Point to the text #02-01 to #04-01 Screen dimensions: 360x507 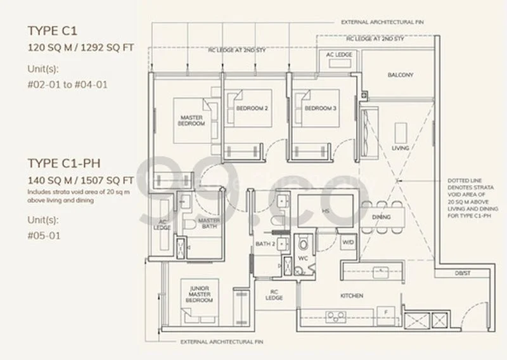[x=63, y=84]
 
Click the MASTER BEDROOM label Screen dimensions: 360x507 [x=191, y=120]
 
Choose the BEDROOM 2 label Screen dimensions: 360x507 [x=252, y=108]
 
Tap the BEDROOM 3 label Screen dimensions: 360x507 [x=320, y=108]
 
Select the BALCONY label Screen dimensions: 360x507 [x=401, y=75]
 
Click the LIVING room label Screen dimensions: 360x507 [x=400, y=148]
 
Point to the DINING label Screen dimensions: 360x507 [x=382, y=217]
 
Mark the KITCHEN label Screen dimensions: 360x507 [x=351, y=295]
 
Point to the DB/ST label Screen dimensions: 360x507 [x=463, y=273]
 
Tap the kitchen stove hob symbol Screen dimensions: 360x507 [x=335, y=316]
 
